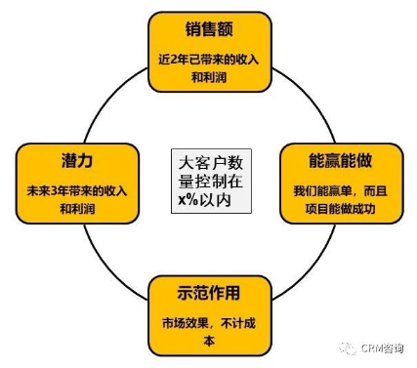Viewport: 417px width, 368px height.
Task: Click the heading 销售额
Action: pyautogui.click(x=209, y=29)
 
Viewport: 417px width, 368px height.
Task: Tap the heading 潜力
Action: pyautogui.click(x=77, y=161)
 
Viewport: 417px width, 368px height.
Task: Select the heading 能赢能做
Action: pyautogui.click(x=340, y=160)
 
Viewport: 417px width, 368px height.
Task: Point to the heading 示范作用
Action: pyautogui.click(x=209, y=293)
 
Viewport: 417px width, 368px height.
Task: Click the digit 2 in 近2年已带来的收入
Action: pyautogui.click(x=174, y=60)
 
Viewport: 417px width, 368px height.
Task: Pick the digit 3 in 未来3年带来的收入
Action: pyautogui.click(x=55, y=191)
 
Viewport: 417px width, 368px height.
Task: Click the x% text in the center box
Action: pyautogui.click(x=188, y=199)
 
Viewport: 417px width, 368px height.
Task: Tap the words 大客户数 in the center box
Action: pyautogui.click(x=211, y=163)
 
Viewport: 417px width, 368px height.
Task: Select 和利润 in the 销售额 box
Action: pyautogui.click(x=209, y=77)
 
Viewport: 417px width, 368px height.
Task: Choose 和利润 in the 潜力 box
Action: pyautogui.click(x=77, y=209)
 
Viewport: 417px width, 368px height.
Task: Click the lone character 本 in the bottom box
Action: pyautogui.click(x=209, y=341)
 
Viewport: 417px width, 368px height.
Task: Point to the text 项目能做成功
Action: pyautogui.click(x=340, y=209)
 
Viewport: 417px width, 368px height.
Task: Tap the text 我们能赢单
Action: pyautogui.click(x=322, y=191)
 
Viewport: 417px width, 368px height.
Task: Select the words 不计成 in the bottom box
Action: pyautogui.click(x=238, y=323)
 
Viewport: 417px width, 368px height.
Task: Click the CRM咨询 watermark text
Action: pyautogui.click(x=382, y=348)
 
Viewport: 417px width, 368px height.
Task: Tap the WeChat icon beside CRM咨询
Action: pyautogui.click(x=348, y=348)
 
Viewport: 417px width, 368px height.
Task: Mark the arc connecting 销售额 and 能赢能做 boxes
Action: pyautogui.click(x=311, y=98)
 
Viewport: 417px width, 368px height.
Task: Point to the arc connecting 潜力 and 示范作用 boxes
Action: pyautogui.click(x=107, y=266)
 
